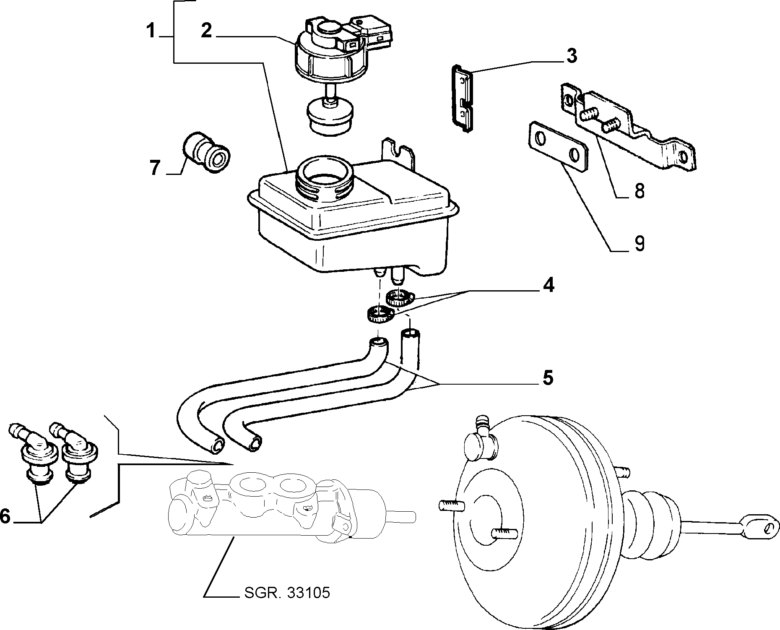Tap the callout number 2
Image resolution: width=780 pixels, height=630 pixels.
[x=206, y=31]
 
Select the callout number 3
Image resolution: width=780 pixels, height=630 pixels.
[x=572, y=56]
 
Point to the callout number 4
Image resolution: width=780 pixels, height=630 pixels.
[x=548, y=285]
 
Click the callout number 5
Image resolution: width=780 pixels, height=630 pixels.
[x=548, y=378]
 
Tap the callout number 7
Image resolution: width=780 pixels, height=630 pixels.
[x=155, y=169]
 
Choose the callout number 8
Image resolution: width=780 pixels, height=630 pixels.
[x=639, y=191]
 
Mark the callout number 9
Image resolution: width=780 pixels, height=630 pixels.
[x=639, y=244]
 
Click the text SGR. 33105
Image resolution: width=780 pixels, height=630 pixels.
[x=287, y=593]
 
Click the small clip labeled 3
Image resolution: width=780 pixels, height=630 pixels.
[x=463, y=99]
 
